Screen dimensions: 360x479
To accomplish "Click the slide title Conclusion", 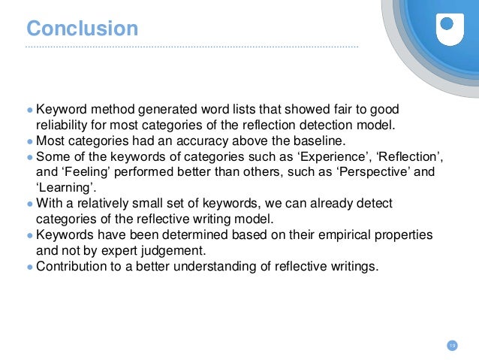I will (x=83, y=29).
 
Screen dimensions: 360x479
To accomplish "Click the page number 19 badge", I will (x=452, y=345).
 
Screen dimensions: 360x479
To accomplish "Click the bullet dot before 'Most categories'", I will (x=30, y=141).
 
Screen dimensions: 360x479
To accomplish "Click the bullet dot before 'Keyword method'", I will (x=30, y=110).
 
